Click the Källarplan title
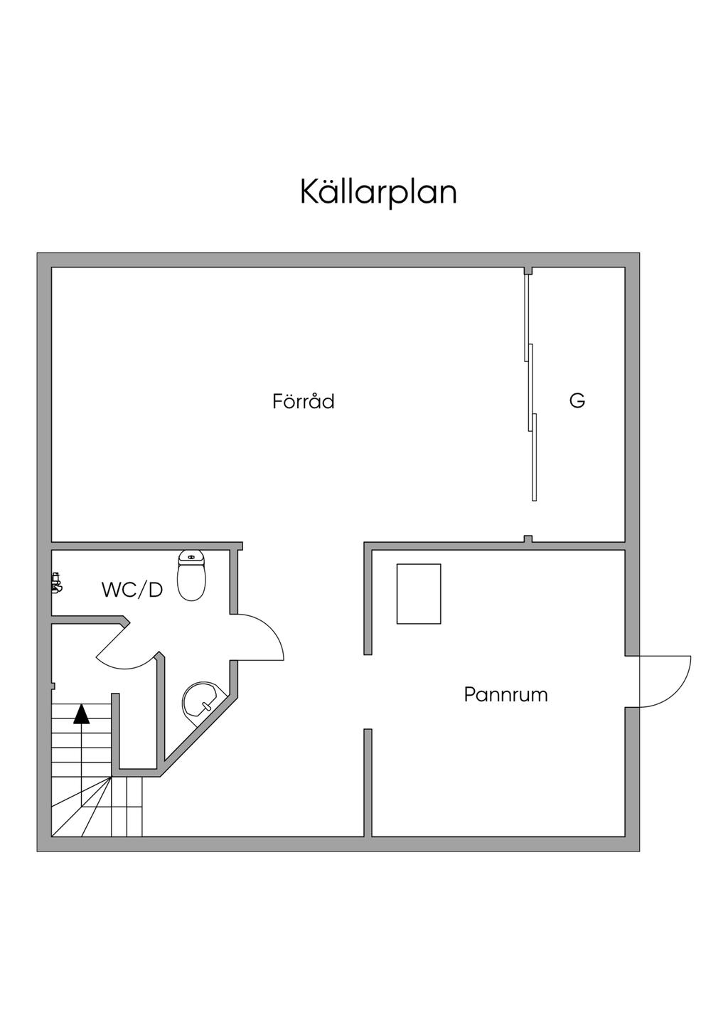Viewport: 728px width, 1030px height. (x=378, y=192)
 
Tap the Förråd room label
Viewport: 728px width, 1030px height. (x=304, y=401)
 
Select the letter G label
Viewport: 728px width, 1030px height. (x=577, y=400)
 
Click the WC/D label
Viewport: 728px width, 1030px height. (x=132, y=590)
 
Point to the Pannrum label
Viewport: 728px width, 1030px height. (x=505, y=694)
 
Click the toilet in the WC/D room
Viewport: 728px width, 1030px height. (x=192, y=575)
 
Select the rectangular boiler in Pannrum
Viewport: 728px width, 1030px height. (x=419, y=594)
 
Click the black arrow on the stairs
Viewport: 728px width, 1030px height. (x=81, y=713)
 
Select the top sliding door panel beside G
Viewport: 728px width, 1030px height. (x=527, y=317)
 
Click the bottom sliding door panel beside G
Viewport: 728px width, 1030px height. (x=534, y=457)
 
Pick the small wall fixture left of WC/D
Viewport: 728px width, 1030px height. (x=57, y=583)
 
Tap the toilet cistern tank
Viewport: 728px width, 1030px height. (x=192, y=557)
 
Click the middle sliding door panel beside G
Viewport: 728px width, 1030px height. (x=530, y=388)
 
